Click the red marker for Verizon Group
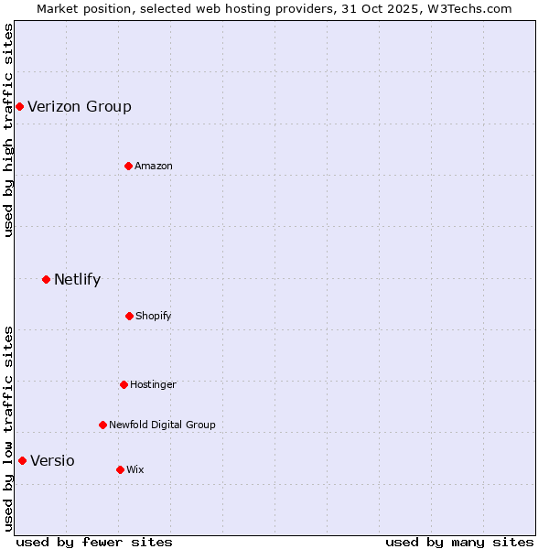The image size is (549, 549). click(x=19, y=106)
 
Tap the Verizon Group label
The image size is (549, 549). click(x=80, y=106)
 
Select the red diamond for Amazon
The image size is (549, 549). click(x=128, y=166)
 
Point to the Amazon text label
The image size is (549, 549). click(x=154, y=166)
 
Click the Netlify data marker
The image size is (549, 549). click(x=46, y=279)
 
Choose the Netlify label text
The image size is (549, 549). click(x=78, y=280)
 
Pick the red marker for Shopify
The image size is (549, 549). click(x=129, y=316)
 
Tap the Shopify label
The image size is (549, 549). click(x=154, y=316)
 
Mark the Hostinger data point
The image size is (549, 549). click(x=124, y=384)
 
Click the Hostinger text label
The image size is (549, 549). click(x=153, y=384)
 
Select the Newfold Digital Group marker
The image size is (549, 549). click(x=102, y=425)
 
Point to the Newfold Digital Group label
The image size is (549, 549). click(x=162, y=425)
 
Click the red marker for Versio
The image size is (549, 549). click(x=22, y=460)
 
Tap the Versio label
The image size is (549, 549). click(x=52, y=460)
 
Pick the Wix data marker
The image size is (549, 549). click(x=120, y=469)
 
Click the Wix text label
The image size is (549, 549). click(x=135, y=469)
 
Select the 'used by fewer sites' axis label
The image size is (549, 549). click(x=94, y=542)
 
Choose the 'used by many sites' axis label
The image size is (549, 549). click(x=459, y=542)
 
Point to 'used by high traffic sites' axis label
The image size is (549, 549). click(x=8, y=130)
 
